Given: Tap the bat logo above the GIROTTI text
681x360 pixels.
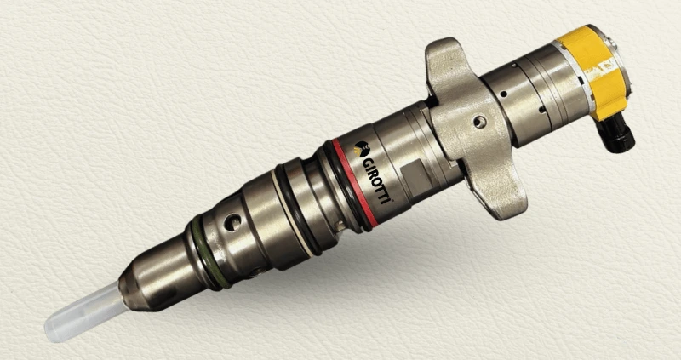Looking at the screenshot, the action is [x=360, y=149].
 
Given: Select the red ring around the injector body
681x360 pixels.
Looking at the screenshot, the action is [x=355, y=181].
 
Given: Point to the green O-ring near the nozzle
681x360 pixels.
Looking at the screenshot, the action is [x=208, y=253].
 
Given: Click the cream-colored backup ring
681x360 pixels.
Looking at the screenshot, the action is [x=292, y=213].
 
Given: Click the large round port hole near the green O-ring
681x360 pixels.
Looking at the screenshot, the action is [x=232, y=222].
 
